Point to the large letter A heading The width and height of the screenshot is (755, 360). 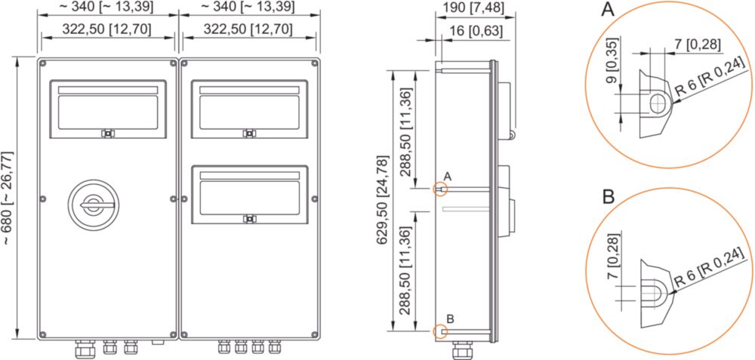(608, 9)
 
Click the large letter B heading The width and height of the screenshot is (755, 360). (608, 197)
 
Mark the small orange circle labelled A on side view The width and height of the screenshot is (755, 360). (441, 189)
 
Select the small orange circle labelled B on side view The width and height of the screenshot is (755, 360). (441, 331)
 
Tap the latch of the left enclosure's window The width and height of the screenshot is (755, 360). (108, 134)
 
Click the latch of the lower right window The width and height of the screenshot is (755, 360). (249, 219)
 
